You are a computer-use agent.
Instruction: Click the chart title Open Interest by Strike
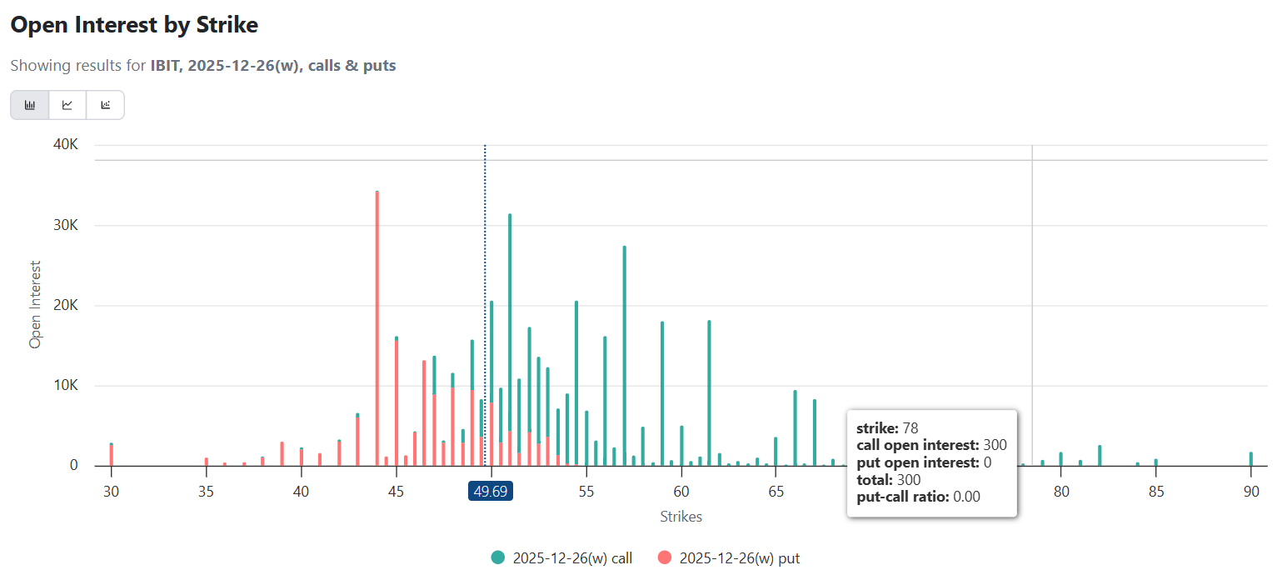pyautogui.click(x=134, y=25)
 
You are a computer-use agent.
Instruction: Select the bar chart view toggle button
pyautogui.click(x=30, y=105)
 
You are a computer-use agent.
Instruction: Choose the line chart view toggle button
pyautogui.click(x=67, y=105)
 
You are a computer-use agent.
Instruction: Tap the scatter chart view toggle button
pyautogui.click(x=105, y=105)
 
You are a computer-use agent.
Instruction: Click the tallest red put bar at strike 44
pyautogui.click(x=377, y=333)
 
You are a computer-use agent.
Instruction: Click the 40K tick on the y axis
pyautogui.click(x=64, y=145)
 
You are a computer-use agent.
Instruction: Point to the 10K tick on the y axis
pyautogui.click(x=64, y=386)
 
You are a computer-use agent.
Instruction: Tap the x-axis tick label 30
pyautogui.click(x=111, y=492)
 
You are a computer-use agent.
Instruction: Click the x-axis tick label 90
pyautogui.click(x=1250, y=492)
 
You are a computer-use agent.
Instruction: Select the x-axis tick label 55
pyautogui.click(x=586, y=492)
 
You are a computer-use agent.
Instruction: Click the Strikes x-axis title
pyautogui.click(x=681, y=517)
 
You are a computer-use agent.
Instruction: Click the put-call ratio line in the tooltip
pyautogui.click(x=918, y=497)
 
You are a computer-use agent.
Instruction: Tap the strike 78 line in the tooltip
pyautogui.click(x=887, y=427)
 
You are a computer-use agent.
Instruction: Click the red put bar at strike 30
pyautogui.click(x=111, y=455)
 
